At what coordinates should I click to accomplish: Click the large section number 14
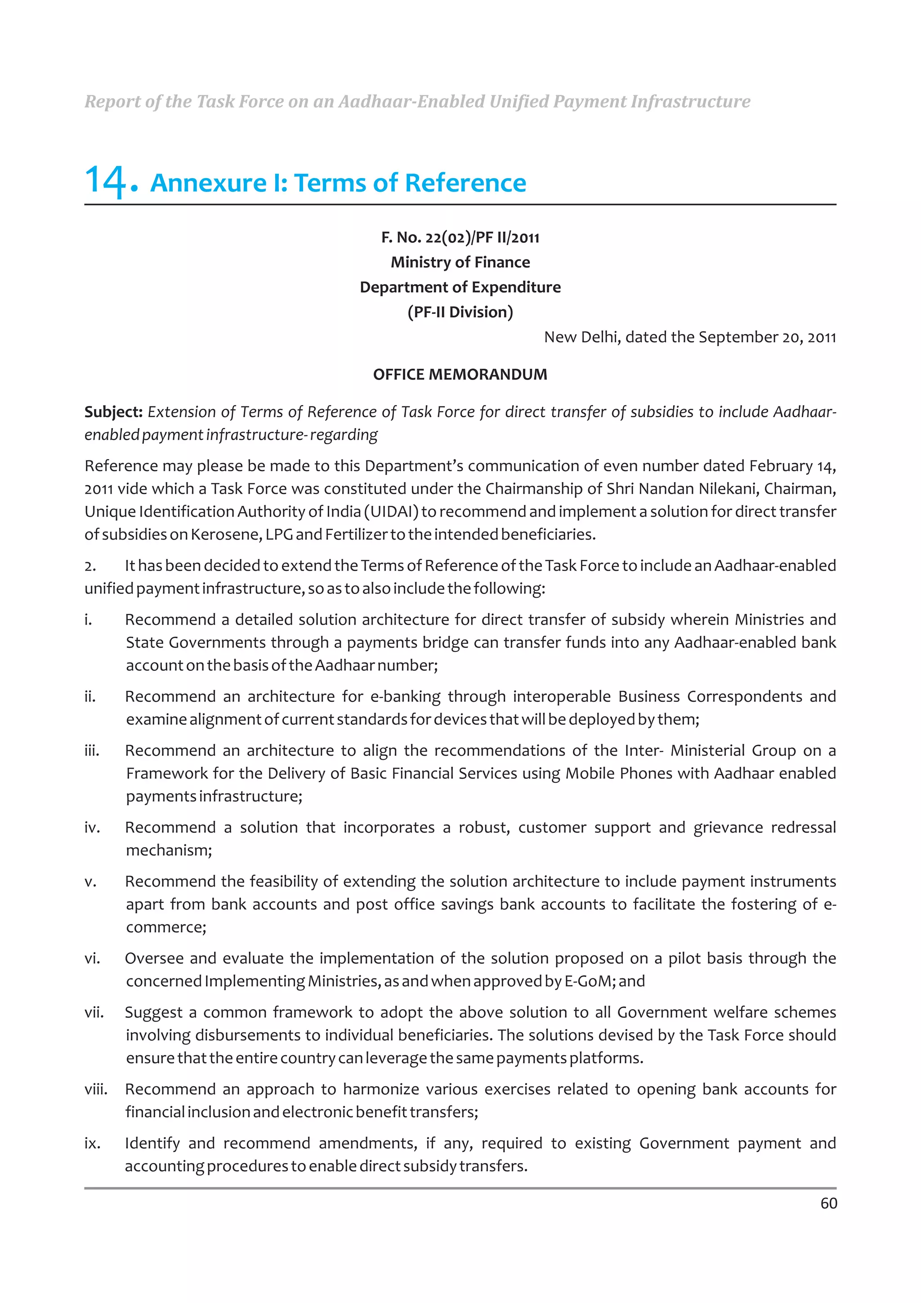pyautogui.click(x=110, y=182)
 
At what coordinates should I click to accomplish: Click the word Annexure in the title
pyautogui.click(x=208, y=183)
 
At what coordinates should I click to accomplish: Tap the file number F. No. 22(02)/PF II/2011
pyautogui.click(x=460, y=237)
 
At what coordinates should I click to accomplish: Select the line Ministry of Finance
pyautogui.click(x=460, y=262)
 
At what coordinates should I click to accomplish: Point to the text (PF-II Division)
pyautogui.click(x=460, y=312)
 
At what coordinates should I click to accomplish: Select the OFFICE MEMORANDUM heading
pyautogui.click(x=460, y=375)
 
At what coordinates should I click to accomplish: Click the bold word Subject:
pyautogui.click(x=113, y=412)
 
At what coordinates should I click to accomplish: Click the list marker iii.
pyautogui.click(x=91, y=751)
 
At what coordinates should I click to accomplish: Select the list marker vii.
pyautogui.click(x=94, y=1013)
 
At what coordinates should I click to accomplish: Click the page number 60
pyautogui.click(x=828, y=1204)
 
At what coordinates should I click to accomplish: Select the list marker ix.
pyautogui.click(x=92, y=1143)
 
